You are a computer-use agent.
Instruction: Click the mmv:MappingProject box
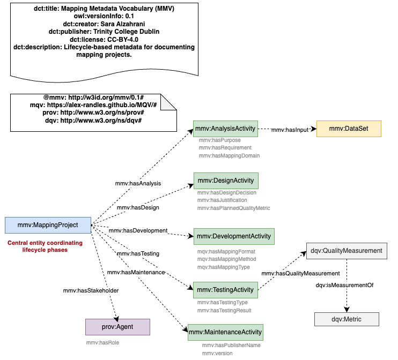pos(47,225)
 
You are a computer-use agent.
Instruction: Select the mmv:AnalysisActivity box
pos(225,129)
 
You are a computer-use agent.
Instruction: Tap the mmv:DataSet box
pos(349,129)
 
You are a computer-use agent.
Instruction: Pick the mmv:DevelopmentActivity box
pos(234,236)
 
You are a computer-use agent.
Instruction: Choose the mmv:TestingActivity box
pos(225,290)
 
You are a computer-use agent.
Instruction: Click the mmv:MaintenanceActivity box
pos(225,332)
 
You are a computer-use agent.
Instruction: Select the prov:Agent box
pos(117,326)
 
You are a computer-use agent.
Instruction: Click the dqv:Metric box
pos(347,319)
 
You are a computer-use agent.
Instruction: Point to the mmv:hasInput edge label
pos(290,130)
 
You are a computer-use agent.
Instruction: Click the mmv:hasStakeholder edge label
pos(91,290)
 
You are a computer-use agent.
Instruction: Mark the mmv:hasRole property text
pos(102,342)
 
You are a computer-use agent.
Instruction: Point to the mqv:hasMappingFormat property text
pos(226,251)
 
